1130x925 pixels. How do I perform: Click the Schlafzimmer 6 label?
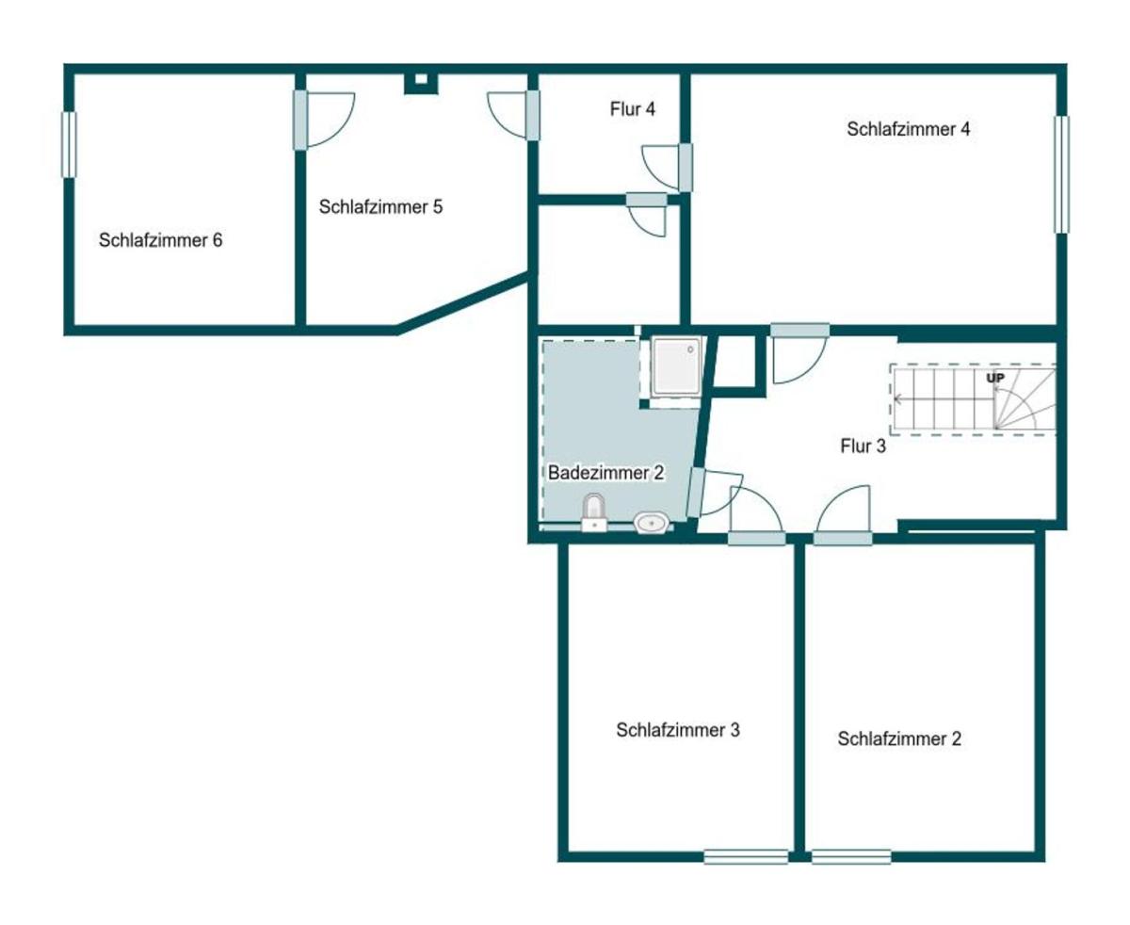160,240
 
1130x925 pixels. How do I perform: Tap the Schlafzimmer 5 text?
380,207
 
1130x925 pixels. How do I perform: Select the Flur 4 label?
632,109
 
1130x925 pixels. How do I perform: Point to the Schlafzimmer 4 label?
908,129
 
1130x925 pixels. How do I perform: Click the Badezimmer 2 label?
606,473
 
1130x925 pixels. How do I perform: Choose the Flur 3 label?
863,446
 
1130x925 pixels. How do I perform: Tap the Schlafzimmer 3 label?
677,730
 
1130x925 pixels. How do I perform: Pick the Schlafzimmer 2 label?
899,739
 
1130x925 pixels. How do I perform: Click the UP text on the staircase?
995,378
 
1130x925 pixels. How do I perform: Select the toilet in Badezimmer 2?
594,512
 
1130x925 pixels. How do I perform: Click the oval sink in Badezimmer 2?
652,522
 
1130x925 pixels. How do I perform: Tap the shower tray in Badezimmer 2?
676,365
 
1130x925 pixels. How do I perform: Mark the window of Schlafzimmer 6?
69,145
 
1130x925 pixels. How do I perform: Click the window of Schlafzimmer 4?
1061,174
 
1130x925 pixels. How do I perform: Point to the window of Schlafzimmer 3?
746,856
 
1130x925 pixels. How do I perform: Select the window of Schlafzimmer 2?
851,856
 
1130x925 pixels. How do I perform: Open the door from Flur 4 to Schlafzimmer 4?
667,168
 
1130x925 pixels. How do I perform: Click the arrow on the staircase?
944,398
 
